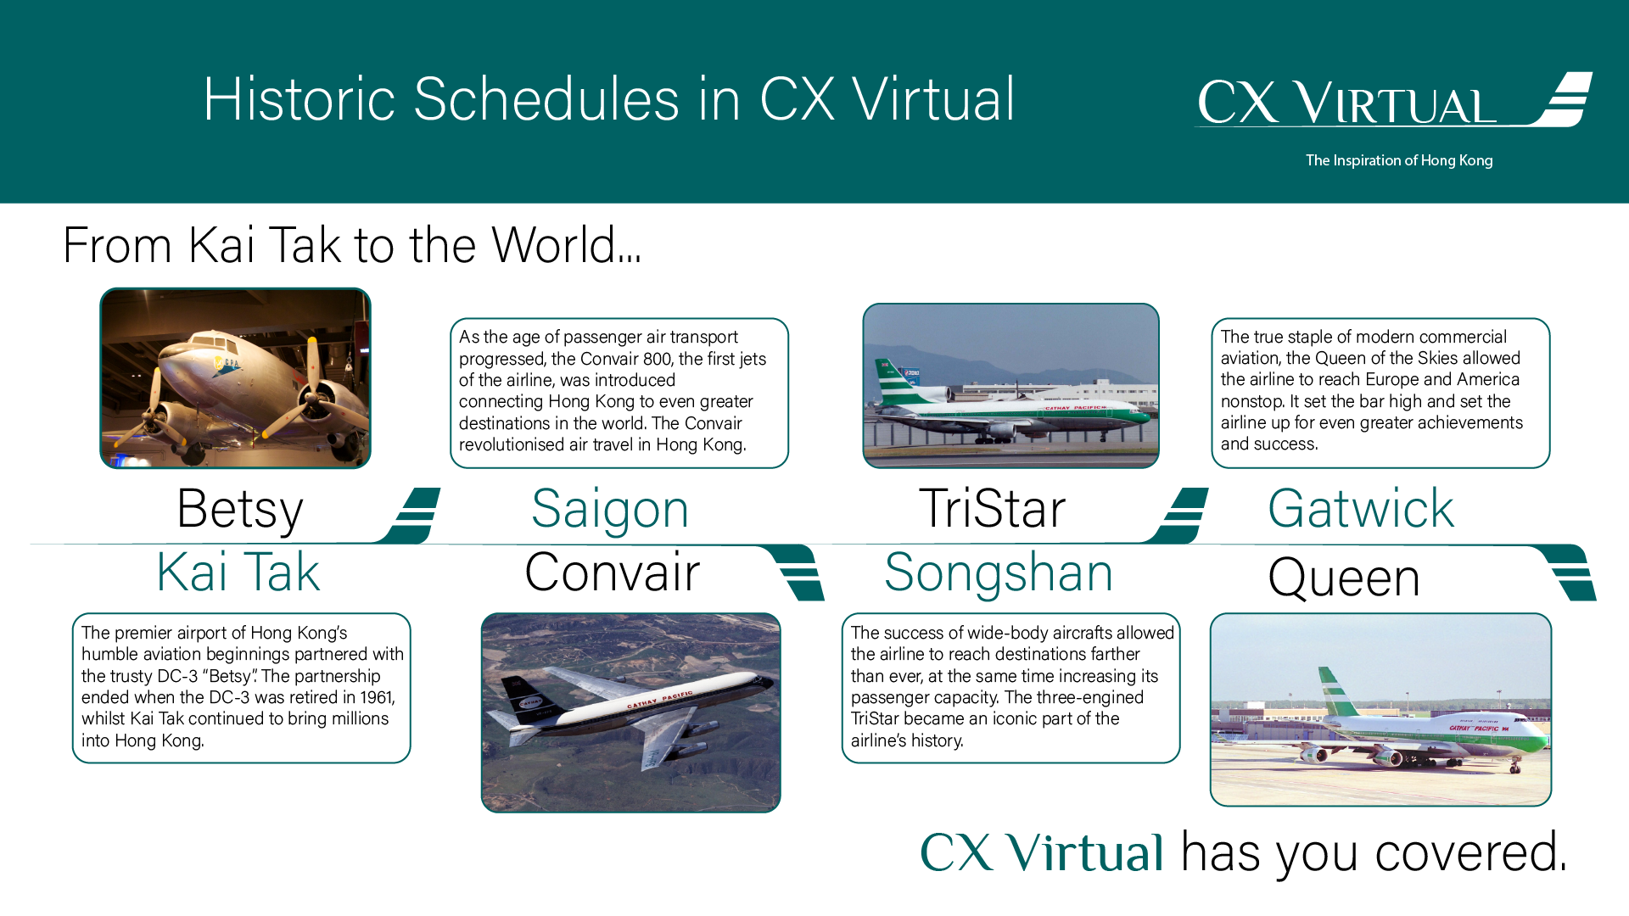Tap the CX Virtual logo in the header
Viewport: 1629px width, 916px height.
[1394, 100]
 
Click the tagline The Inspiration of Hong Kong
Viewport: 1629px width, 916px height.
[1399, 160]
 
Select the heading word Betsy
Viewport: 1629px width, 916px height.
[240, 511]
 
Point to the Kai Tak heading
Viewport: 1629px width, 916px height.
[238, 572]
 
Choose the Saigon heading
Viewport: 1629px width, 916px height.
[610, 511]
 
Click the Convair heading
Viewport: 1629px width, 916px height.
[613, 572]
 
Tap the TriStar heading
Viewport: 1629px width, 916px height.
[992, 509]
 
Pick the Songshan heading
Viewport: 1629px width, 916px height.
[999, 574]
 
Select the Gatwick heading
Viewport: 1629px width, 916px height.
[1361, 509]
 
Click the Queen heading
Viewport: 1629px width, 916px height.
[1344, 579]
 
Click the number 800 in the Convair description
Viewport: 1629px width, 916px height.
[658, 359]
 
